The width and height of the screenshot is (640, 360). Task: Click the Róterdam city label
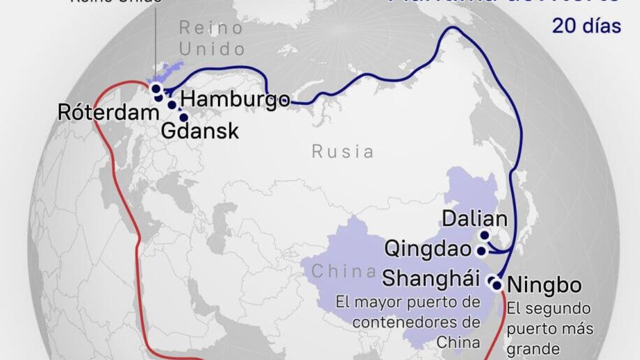(x=108, y=113)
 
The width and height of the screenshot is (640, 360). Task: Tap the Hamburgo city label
(x=235, y=99)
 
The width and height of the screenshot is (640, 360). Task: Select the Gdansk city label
(x=200, y=131)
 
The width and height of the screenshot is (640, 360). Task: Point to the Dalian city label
(x=474, y=219)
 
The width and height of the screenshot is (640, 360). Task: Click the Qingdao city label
(x=428, y=249)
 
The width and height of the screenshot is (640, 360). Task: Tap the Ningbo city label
(x=544, y=285)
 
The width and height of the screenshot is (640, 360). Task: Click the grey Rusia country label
(x=343, y=152)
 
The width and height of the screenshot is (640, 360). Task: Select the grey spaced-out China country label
(x=344, y=272)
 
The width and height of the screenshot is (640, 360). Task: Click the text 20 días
(x=587, y=26)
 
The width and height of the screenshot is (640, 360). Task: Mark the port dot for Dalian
(x=485, y=236)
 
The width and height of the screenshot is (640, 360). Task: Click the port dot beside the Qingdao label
(x=481, y=251)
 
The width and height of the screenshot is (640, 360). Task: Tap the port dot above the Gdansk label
(x=184, y=117)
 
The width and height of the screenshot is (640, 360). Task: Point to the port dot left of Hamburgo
(x=172, y=105)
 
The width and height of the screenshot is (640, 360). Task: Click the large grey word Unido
(x=212, y=49)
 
